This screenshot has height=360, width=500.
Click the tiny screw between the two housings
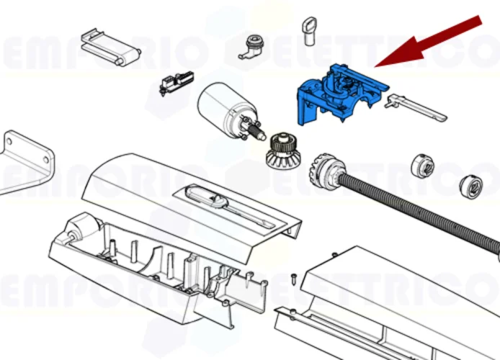tap(294, 276)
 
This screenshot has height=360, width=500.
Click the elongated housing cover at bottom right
tap(403, 302)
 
